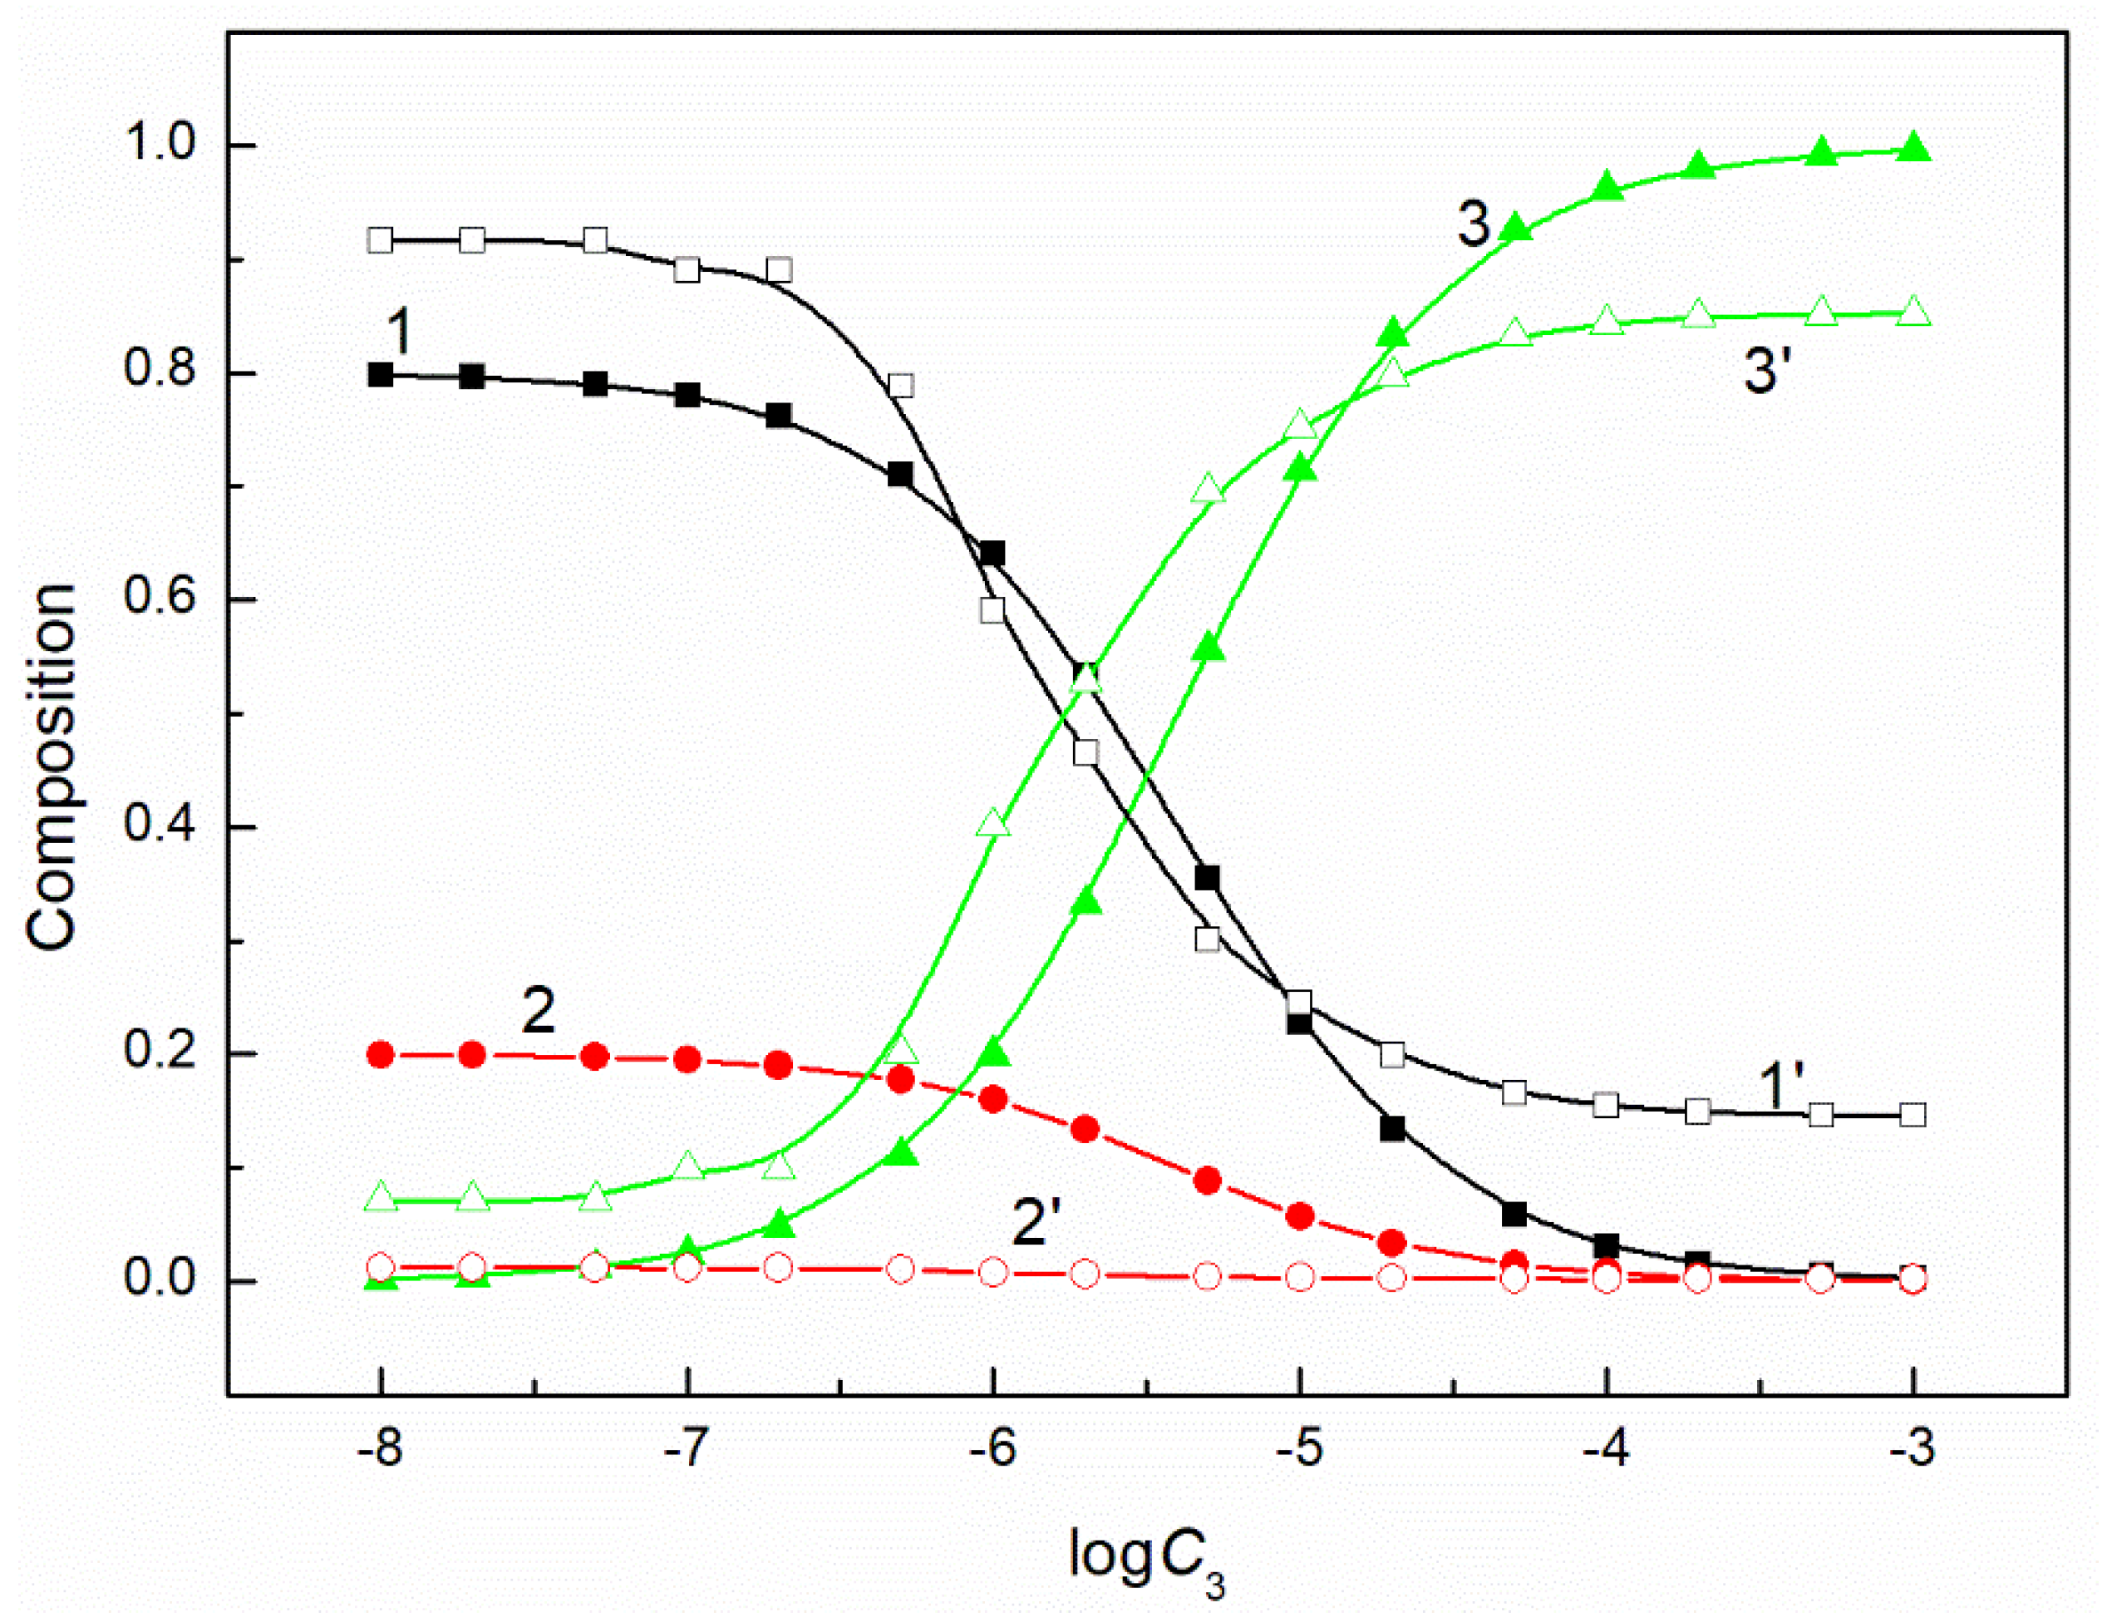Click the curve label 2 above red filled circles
coord(538,1011)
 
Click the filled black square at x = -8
coord(382,376)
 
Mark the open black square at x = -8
coord(382,239)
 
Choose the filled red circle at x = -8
coord(382,1054)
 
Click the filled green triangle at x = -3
coord(1913,149)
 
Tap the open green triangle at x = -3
coord(1913,313)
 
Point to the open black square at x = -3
coord(1913,1115)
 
